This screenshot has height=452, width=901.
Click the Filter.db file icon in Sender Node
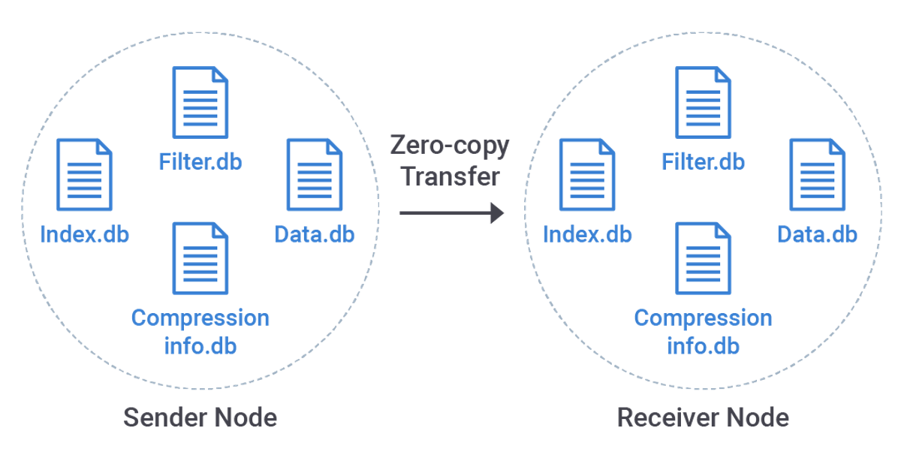pyautogui.click(x=200, y=103)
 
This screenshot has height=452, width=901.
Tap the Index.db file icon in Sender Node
pyautogui.click(x=85, y=175)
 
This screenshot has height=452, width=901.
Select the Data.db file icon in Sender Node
pyautogui.click(x=315, y=175)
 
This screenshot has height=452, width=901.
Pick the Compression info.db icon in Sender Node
pyautogui.click(x=200, y=258)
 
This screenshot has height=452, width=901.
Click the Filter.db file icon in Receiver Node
pyautogui.click(x=703, y=103)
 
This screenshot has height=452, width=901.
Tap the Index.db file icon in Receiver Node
pyautogui.click(x=587, y=175)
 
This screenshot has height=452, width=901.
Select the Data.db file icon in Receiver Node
pyautogui.click(x=817, y=175)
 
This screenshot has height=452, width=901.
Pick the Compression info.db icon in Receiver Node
pyautogui.click(x=703, y=258)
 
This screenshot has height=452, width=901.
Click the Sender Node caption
pyautogui.click(x=200, y=417)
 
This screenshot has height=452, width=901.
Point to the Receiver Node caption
pyautogui.click(x=703, y=417)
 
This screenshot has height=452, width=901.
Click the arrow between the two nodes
pyautogui.click(x=450, y=213)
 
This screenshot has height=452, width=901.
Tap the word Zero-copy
pyautogui.click(x=450, y=145)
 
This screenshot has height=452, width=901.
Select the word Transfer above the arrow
pyautogui.click(x=450, y=176)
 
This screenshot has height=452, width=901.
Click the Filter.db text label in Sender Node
pyautogui.click(x=200, y=161)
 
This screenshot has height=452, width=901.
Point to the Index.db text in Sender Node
pyautogui.click(x=84, y=234)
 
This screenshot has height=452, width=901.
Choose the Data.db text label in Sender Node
pyautogui.click(x=315, y=234)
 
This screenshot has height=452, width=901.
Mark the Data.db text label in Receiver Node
pyautogui.click(x=817, y=234)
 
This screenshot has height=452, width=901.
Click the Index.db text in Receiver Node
pyautogui.click(x=587, y=234)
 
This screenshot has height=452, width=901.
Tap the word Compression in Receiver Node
pyautogui.click(x=703, y=318)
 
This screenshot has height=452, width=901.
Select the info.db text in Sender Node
pyautogui.click(x=200, y=346)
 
